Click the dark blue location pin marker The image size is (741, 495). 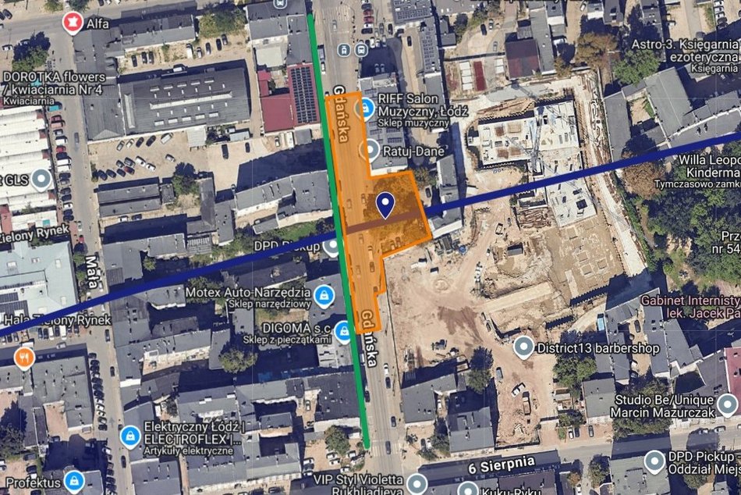385,205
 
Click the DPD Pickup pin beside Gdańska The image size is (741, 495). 332,247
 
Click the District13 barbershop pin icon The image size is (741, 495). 524,347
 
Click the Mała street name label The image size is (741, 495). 91,272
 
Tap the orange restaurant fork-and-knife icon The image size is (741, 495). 24,358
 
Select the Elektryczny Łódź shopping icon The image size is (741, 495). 130,435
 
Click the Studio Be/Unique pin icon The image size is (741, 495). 727,404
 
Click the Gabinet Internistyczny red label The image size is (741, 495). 690,301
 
